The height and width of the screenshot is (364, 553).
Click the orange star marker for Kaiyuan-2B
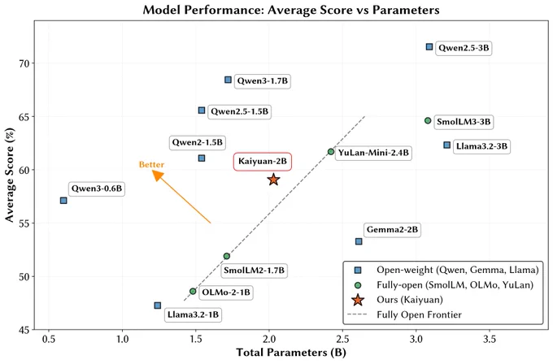click(x=273, y=180)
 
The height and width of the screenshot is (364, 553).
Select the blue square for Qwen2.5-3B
click(x=429, y=46)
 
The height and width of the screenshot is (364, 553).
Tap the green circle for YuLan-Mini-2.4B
click(x=331, y=151)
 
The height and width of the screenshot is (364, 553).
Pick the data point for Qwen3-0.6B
click(x=63, y=201)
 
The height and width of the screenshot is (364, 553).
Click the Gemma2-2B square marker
click(x=359, y=241)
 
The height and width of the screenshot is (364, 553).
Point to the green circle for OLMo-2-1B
click(x=193, y=292)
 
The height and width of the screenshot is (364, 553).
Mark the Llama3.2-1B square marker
click(x=158, y=305)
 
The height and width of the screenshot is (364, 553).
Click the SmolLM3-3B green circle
click(x=428, y=120)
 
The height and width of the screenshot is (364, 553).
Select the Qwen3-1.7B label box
click(x=262, y=81)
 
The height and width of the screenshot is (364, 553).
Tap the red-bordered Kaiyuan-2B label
click(x=263, y=162)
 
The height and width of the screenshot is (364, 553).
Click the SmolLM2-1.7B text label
click(x=254, y=271)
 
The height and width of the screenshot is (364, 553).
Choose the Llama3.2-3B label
click(x=481, y=146)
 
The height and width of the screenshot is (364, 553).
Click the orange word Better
click(x=151, y=165)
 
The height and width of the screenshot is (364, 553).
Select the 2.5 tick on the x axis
click(x=342, y=340)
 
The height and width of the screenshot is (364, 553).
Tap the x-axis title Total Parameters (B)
click(x=291, y=353)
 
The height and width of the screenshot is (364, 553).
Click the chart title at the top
click(x=291, y=10)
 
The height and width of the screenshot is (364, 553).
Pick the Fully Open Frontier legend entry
click(x=404, y=314)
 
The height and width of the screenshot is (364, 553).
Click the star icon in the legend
click(x=358, y=300)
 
